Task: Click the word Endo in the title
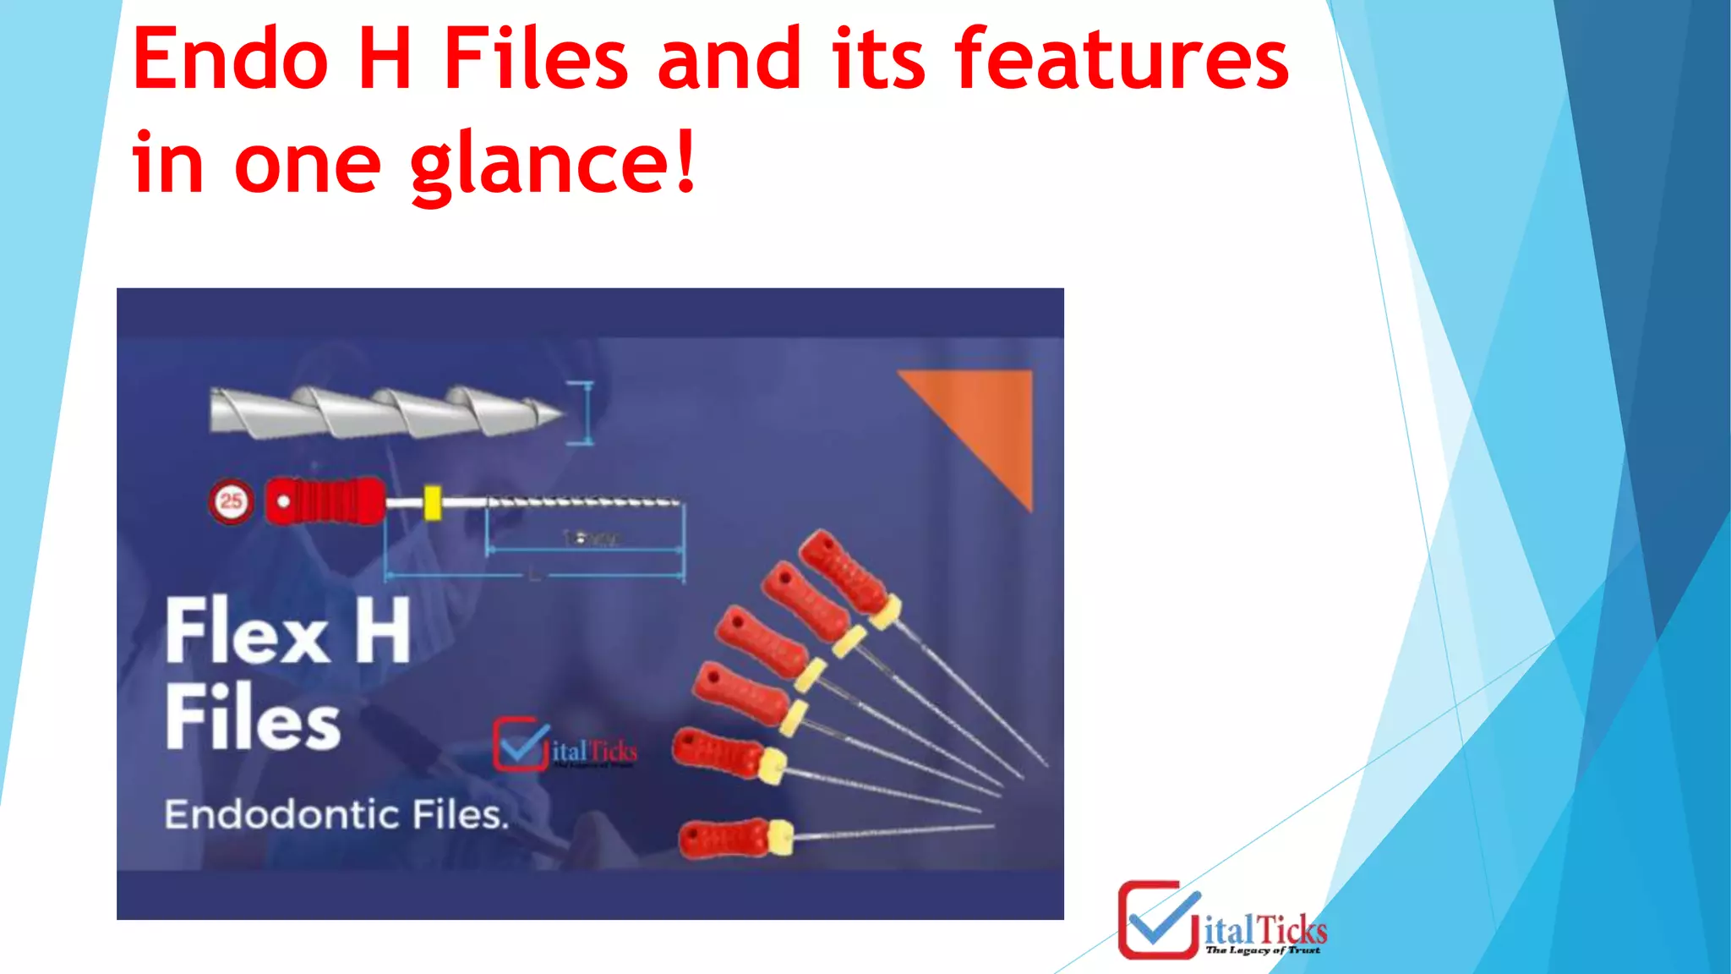pos(230,59)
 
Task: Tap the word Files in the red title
pos(536,59)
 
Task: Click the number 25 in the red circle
pos(231,501)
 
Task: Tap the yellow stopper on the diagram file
pos(432,502)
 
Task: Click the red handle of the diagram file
pos(326,501)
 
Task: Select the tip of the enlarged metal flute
pos(558,413)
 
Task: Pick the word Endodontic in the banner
pos(281,815)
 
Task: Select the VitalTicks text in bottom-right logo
pos(1265,930)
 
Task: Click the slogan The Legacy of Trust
pos(1263,950)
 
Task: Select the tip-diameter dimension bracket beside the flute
pos(582,413)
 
